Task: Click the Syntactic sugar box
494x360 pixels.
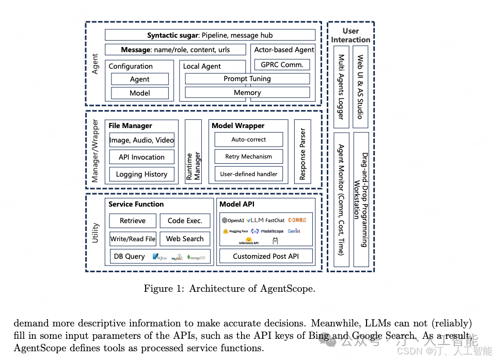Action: pos(210,35)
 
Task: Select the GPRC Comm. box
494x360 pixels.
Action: pos(282,65)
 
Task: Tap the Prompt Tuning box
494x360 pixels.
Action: pos(247,79)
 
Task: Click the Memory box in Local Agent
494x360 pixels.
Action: pos(247,92)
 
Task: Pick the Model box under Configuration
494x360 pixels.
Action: pos(140,93)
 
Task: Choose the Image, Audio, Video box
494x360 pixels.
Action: pos(141,140)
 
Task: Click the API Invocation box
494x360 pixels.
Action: pos(141,157)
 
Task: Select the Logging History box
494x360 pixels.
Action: pos(141,174)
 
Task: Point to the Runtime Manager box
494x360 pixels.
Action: pos(193,151)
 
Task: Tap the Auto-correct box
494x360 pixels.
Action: pos(248,139)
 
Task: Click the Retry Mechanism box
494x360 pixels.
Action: pos(248,156)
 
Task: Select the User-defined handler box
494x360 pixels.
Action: pos(248,174)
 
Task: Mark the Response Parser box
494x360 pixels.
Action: pos(302,151)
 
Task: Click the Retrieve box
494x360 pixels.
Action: pos(133,221)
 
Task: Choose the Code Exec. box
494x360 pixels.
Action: pos(185,221)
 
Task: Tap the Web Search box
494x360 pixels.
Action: pos(185,239)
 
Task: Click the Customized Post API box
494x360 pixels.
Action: pos(266,256)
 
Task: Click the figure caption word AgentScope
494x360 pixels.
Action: pos(288,289)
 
